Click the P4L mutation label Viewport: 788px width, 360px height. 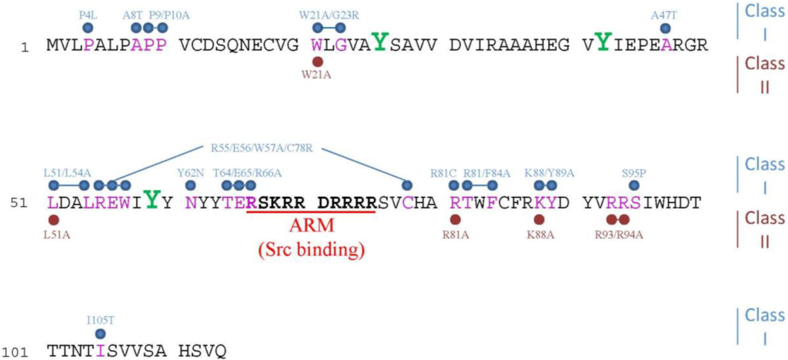pos(88,15)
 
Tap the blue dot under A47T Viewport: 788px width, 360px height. pos(666,28)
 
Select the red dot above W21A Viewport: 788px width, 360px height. pos(317,62)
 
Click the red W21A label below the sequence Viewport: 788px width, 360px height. pos(317,76)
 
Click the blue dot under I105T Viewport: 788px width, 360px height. pos(101,333)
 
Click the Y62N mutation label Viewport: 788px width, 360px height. pos(191,174)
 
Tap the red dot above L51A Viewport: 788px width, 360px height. pos(53,219)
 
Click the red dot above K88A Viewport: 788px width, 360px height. pos(539,219)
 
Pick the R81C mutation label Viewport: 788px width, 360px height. pos(442,174)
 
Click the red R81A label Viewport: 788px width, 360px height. pos(456,234)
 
